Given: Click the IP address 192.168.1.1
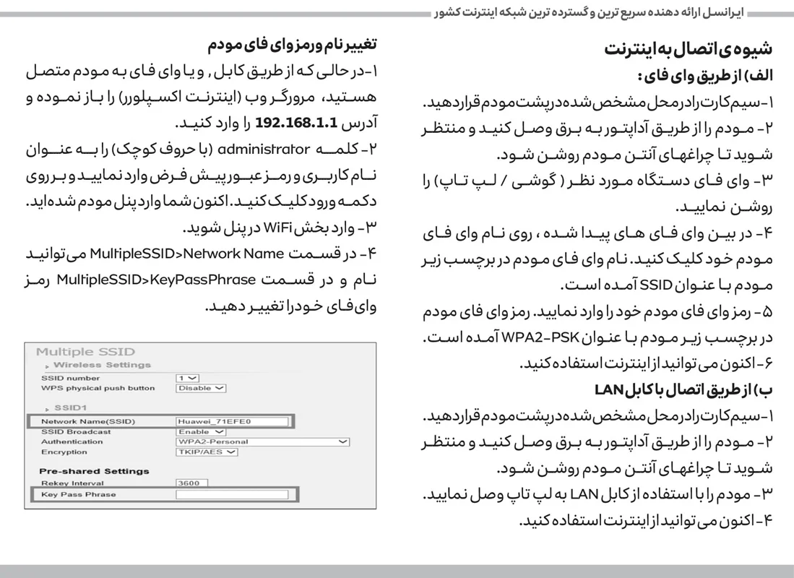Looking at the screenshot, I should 296,122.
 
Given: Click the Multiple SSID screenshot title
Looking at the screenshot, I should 85,352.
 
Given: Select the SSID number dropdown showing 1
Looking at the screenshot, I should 187,378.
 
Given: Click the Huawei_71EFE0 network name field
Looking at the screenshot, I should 230,421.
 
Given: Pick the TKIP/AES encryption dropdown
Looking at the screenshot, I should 207,452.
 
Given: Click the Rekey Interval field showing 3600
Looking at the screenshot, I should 191,483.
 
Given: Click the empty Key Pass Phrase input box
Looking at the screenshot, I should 231,495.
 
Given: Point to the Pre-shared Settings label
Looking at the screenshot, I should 94,471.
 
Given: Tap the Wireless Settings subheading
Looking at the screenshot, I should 102,366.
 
